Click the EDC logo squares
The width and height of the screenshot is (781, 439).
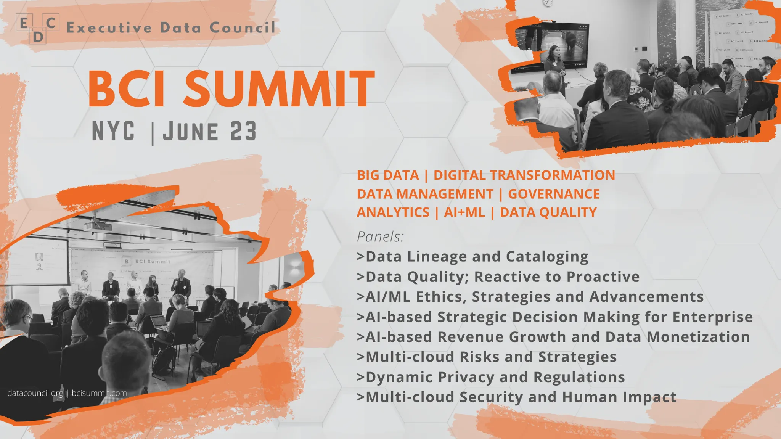pos(37,29)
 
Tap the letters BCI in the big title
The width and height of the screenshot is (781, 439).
pos(127,89)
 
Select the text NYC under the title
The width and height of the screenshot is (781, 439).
pos(113,131)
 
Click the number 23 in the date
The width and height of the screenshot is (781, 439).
pos(243,131)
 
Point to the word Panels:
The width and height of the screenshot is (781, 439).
pos(380,237)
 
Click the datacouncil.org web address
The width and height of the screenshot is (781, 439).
pos(35,393)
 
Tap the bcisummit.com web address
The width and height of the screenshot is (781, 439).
pos(99,393)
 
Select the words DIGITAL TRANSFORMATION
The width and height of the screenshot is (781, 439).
pos(524,175)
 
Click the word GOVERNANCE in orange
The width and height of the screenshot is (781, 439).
pos(554,194)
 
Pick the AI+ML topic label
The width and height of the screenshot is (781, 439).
pos(464,212)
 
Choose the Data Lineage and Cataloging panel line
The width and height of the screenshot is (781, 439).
pos(473,257)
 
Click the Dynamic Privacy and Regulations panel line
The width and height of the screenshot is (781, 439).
pos(491,377)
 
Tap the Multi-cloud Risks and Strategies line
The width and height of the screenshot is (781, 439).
pos(487,357)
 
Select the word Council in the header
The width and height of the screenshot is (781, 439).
pos(242,28)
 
